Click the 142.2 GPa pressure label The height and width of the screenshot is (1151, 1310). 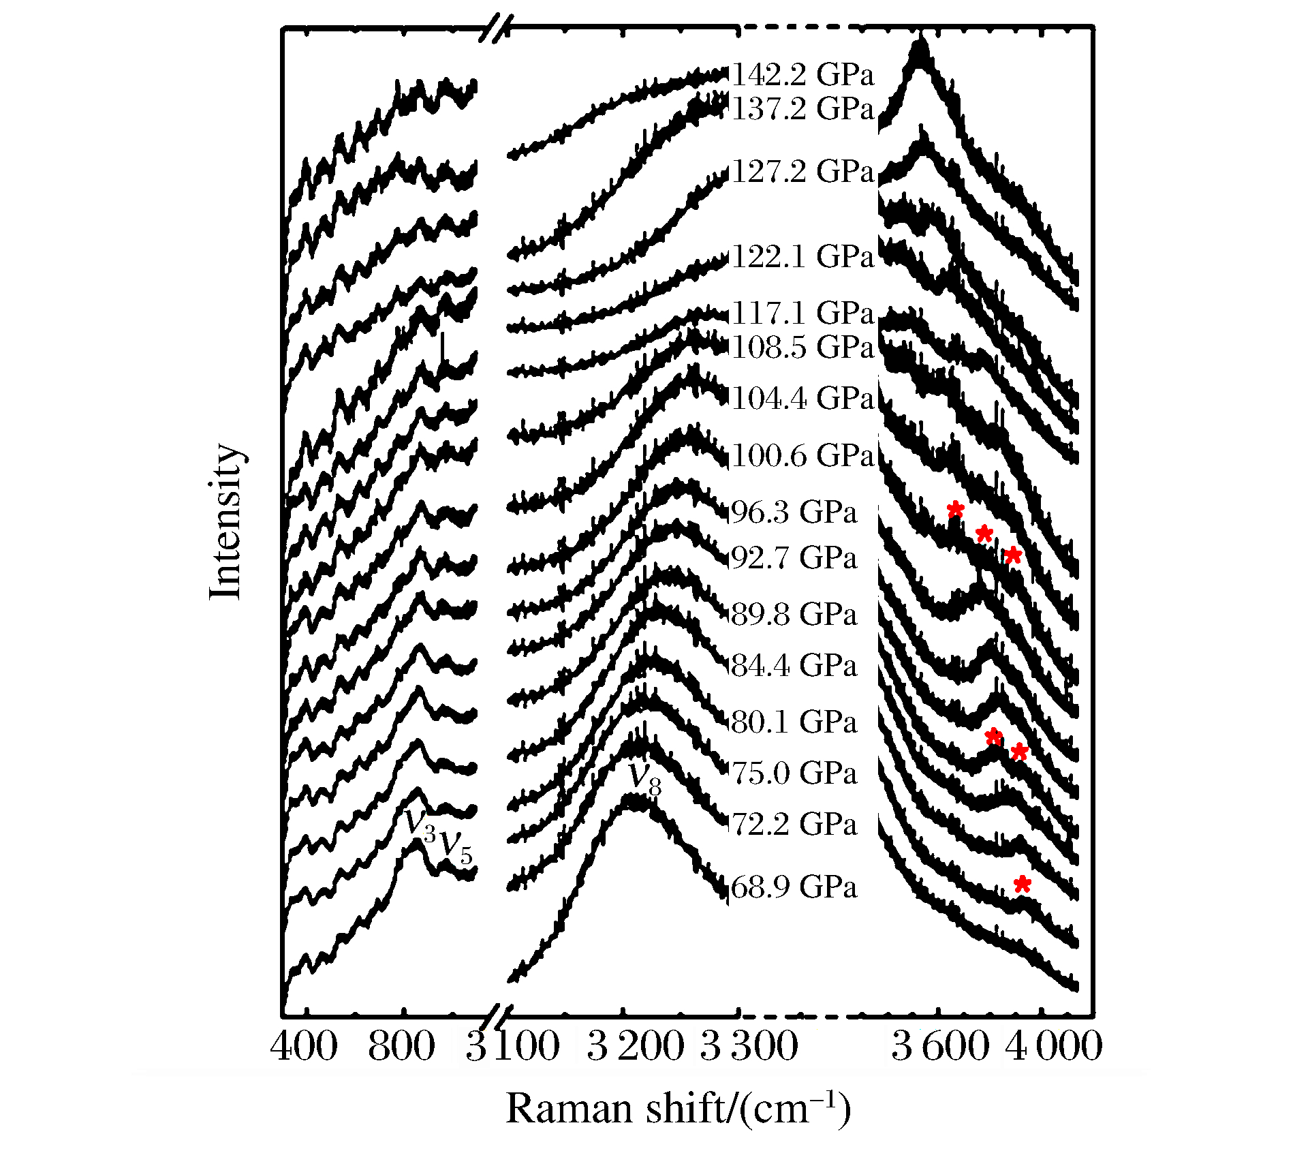pos(802,75)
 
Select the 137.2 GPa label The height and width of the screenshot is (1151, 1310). pos(802,109)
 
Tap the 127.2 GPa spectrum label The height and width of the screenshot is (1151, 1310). pos(802,171)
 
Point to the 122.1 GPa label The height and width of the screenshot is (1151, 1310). pos(802,257)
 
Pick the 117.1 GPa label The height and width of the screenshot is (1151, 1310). pos(802,313)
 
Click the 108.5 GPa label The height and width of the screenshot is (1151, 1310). pos(802,348)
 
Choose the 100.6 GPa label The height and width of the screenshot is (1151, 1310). pos(802,455)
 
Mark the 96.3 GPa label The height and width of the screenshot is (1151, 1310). pos(794,512)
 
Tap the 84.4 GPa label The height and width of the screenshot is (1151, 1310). pos(794,665)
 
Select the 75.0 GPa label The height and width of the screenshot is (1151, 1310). pos(794,773)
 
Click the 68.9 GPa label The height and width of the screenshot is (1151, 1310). pos(794,888)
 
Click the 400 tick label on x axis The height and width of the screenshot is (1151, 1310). pos(304,1046)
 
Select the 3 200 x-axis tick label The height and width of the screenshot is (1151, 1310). pos(635,1046)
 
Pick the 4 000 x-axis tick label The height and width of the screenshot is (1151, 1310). pos(1053,1046)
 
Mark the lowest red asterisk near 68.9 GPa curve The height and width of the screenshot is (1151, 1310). pos(1022,885)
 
